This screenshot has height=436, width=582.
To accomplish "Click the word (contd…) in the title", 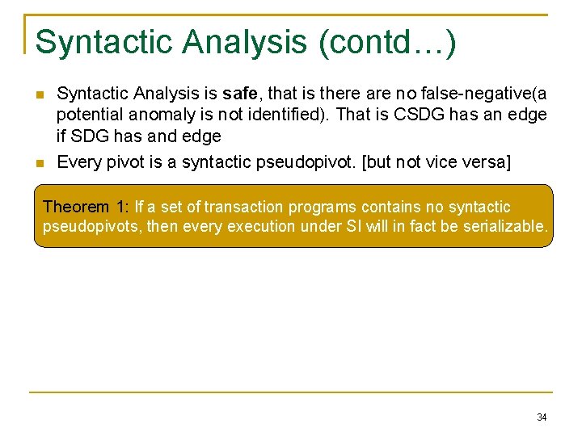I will (x=388, y=42).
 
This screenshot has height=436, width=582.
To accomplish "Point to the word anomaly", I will (x=154, y=115).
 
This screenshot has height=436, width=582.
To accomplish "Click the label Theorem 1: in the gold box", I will (x=86, y=208).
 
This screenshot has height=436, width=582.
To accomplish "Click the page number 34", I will (x=542, y=417).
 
